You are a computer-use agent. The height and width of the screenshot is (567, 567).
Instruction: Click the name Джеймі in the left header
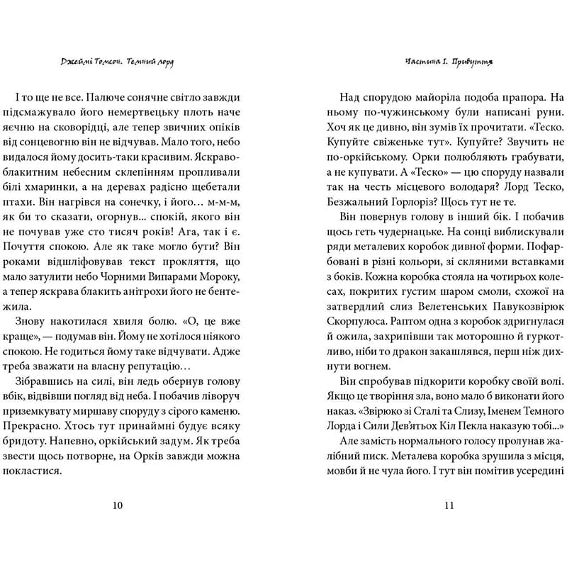[x=79, y=62]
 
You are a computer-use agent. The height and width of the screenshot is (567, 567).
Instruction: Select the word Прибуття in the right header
[x=470, y=62]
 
